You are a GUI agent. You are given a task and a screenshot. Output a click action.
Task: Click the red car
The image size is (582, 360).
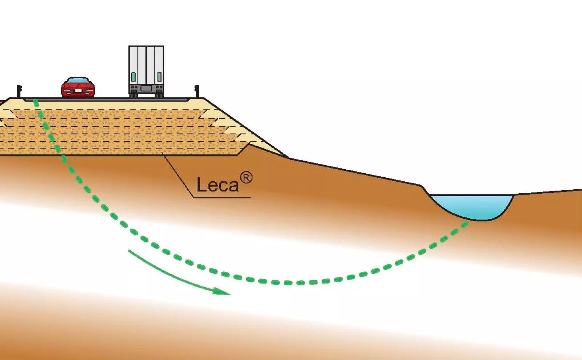click(x=78, y=87)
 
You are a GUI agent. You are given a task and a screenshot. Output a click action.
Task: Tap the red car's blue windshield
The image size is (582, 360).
click(x=78, y=80)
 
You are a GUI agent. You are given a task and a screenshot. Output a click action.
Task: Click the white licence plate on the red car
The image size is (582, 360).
click(x=78, y=91)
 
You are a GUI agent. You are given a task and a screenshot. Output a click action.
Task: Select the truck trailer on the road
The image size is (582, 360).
click(x=146, y=71)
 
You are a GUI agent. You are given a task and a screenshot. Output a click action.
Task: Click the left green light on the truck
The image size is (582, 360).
click(x=133, y=77)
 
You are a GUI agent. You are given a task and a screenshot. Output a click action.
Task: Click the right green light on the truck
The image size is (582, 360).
click(x=159, y=77)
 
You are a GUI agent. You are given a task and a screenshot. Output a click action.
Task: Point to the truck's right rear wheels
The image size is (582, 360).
click(x=159, y=95)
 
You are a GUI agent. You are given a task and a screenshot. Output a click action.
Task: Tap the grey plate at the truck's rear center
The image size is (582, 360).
click(x=146, y=88)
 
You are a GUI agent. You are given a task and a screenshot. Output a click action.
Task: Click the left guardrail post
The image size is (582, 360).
click(x=19, y=91)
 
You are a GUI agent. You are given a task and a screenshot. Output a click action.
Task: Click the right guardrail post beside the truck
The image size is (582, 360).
click(x=197, y=91)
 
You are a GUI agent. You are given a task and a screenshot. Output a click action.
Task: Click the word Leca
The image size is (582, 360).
click(x=218, y=185)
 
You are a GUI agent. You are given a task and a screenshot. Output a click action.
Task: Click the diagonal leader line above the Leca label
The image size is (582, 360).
click(x=178, y=175)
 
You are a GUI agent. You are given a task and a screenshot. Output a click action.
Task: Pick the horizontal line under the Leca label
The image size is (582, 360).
click(x=222, y=198)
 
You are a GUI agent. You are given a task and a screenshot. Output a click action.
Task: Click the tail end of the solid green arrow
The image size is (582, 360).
click(x=129, y=251)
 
